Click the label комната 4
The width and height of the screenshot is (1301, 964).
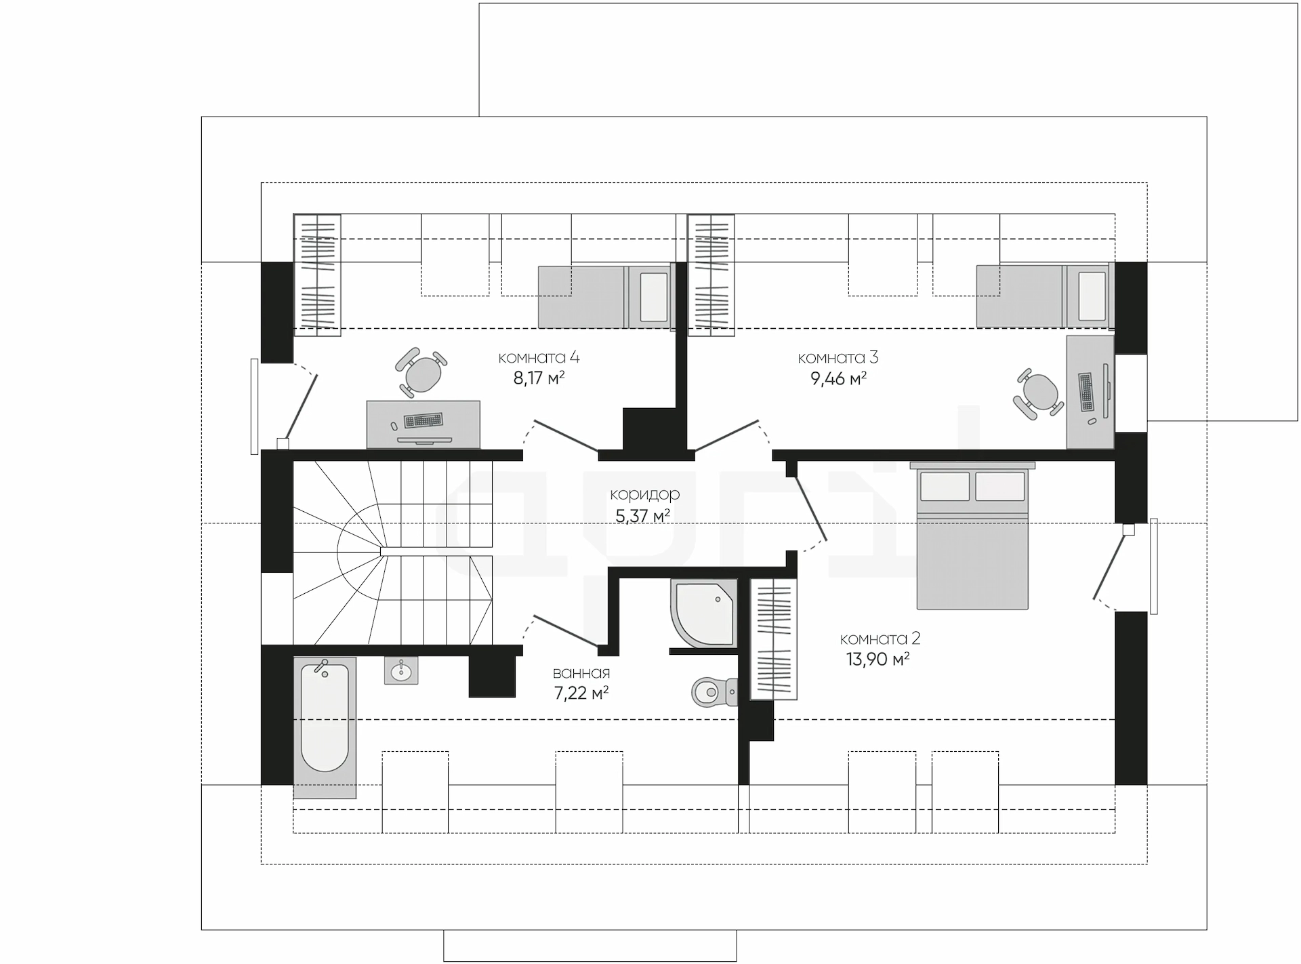[539, 357]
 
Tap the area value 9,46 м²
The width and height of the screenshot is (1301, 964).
[839, 378]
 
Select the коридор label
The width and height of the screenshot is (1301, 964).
[644, 495]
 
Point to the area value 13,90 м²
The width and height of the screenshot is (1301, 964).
[877, 659]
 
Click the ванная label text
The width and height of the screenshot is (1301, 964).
[581, 673]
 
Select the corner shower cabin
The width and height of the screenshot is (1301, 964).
[703, 613]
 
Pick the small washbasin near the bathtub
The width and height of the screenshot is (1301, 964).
[401, 670]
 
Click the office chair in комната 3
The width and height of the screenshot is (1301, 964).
[1038, 393]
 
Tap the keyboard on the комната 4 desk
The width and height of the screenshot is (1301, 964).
[424, 420]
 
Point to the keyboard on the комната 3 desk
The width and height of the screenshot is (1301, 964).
[1086, 393]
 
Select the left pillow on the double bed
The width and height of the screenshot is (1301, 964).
[945, 486]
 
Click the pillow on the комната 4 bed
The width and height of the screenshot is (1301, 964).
[653, 297]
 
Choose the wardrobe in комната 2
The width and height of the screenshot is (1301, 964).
[774, 639]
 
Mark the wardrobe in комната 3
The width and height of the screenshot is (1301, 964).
[711, 275]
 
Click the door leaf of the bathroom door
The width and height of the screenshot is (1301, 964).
[566, 630]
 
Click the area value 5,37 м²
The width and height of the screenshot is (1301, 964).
[642, 516]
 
